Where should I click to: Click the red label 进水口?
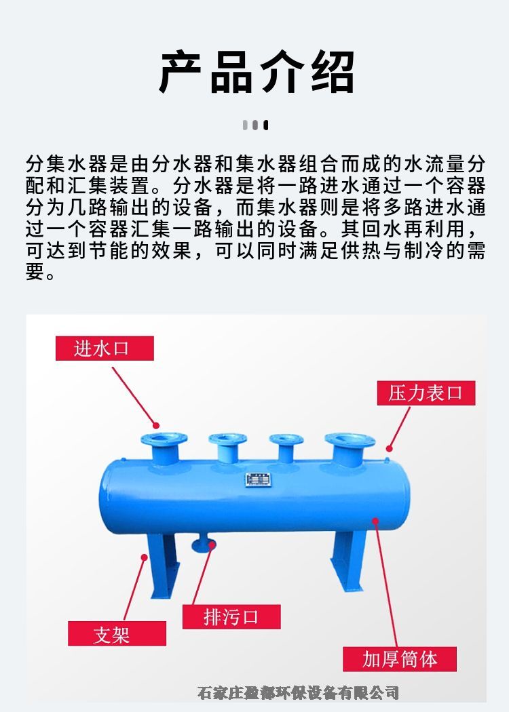(105, 349)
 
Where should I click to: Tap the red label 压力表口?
(426, 393)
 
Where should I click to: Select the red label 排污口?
(231, 616)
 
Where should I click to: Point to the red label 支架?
(117, 633)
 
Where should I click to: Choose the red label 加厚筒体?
(400, 659)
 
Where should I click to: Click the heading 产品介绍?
(257, 72)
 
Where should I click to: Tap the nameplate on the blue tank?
(258, 479)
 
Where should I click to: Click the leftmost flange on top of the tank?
(164, 439)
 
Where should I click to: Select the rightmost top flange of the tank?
(350, 440)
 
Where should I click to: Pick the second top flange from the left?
(227, 439)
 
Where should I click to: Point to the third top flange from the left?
(286, 439)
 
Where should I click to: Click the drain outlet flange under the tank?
(204, 545)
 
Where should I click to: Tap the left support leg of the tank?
(163, 566)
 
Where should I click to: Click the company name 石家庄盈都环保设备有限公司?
(299, 693)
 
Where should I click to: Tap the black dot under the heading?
(266, 125)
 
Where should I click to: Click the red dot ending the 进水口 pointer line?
(156, 425)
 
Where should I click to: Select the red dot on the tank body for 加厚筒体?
(375, 521)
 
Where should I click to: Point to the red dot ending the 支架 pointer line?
(144, 557)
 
